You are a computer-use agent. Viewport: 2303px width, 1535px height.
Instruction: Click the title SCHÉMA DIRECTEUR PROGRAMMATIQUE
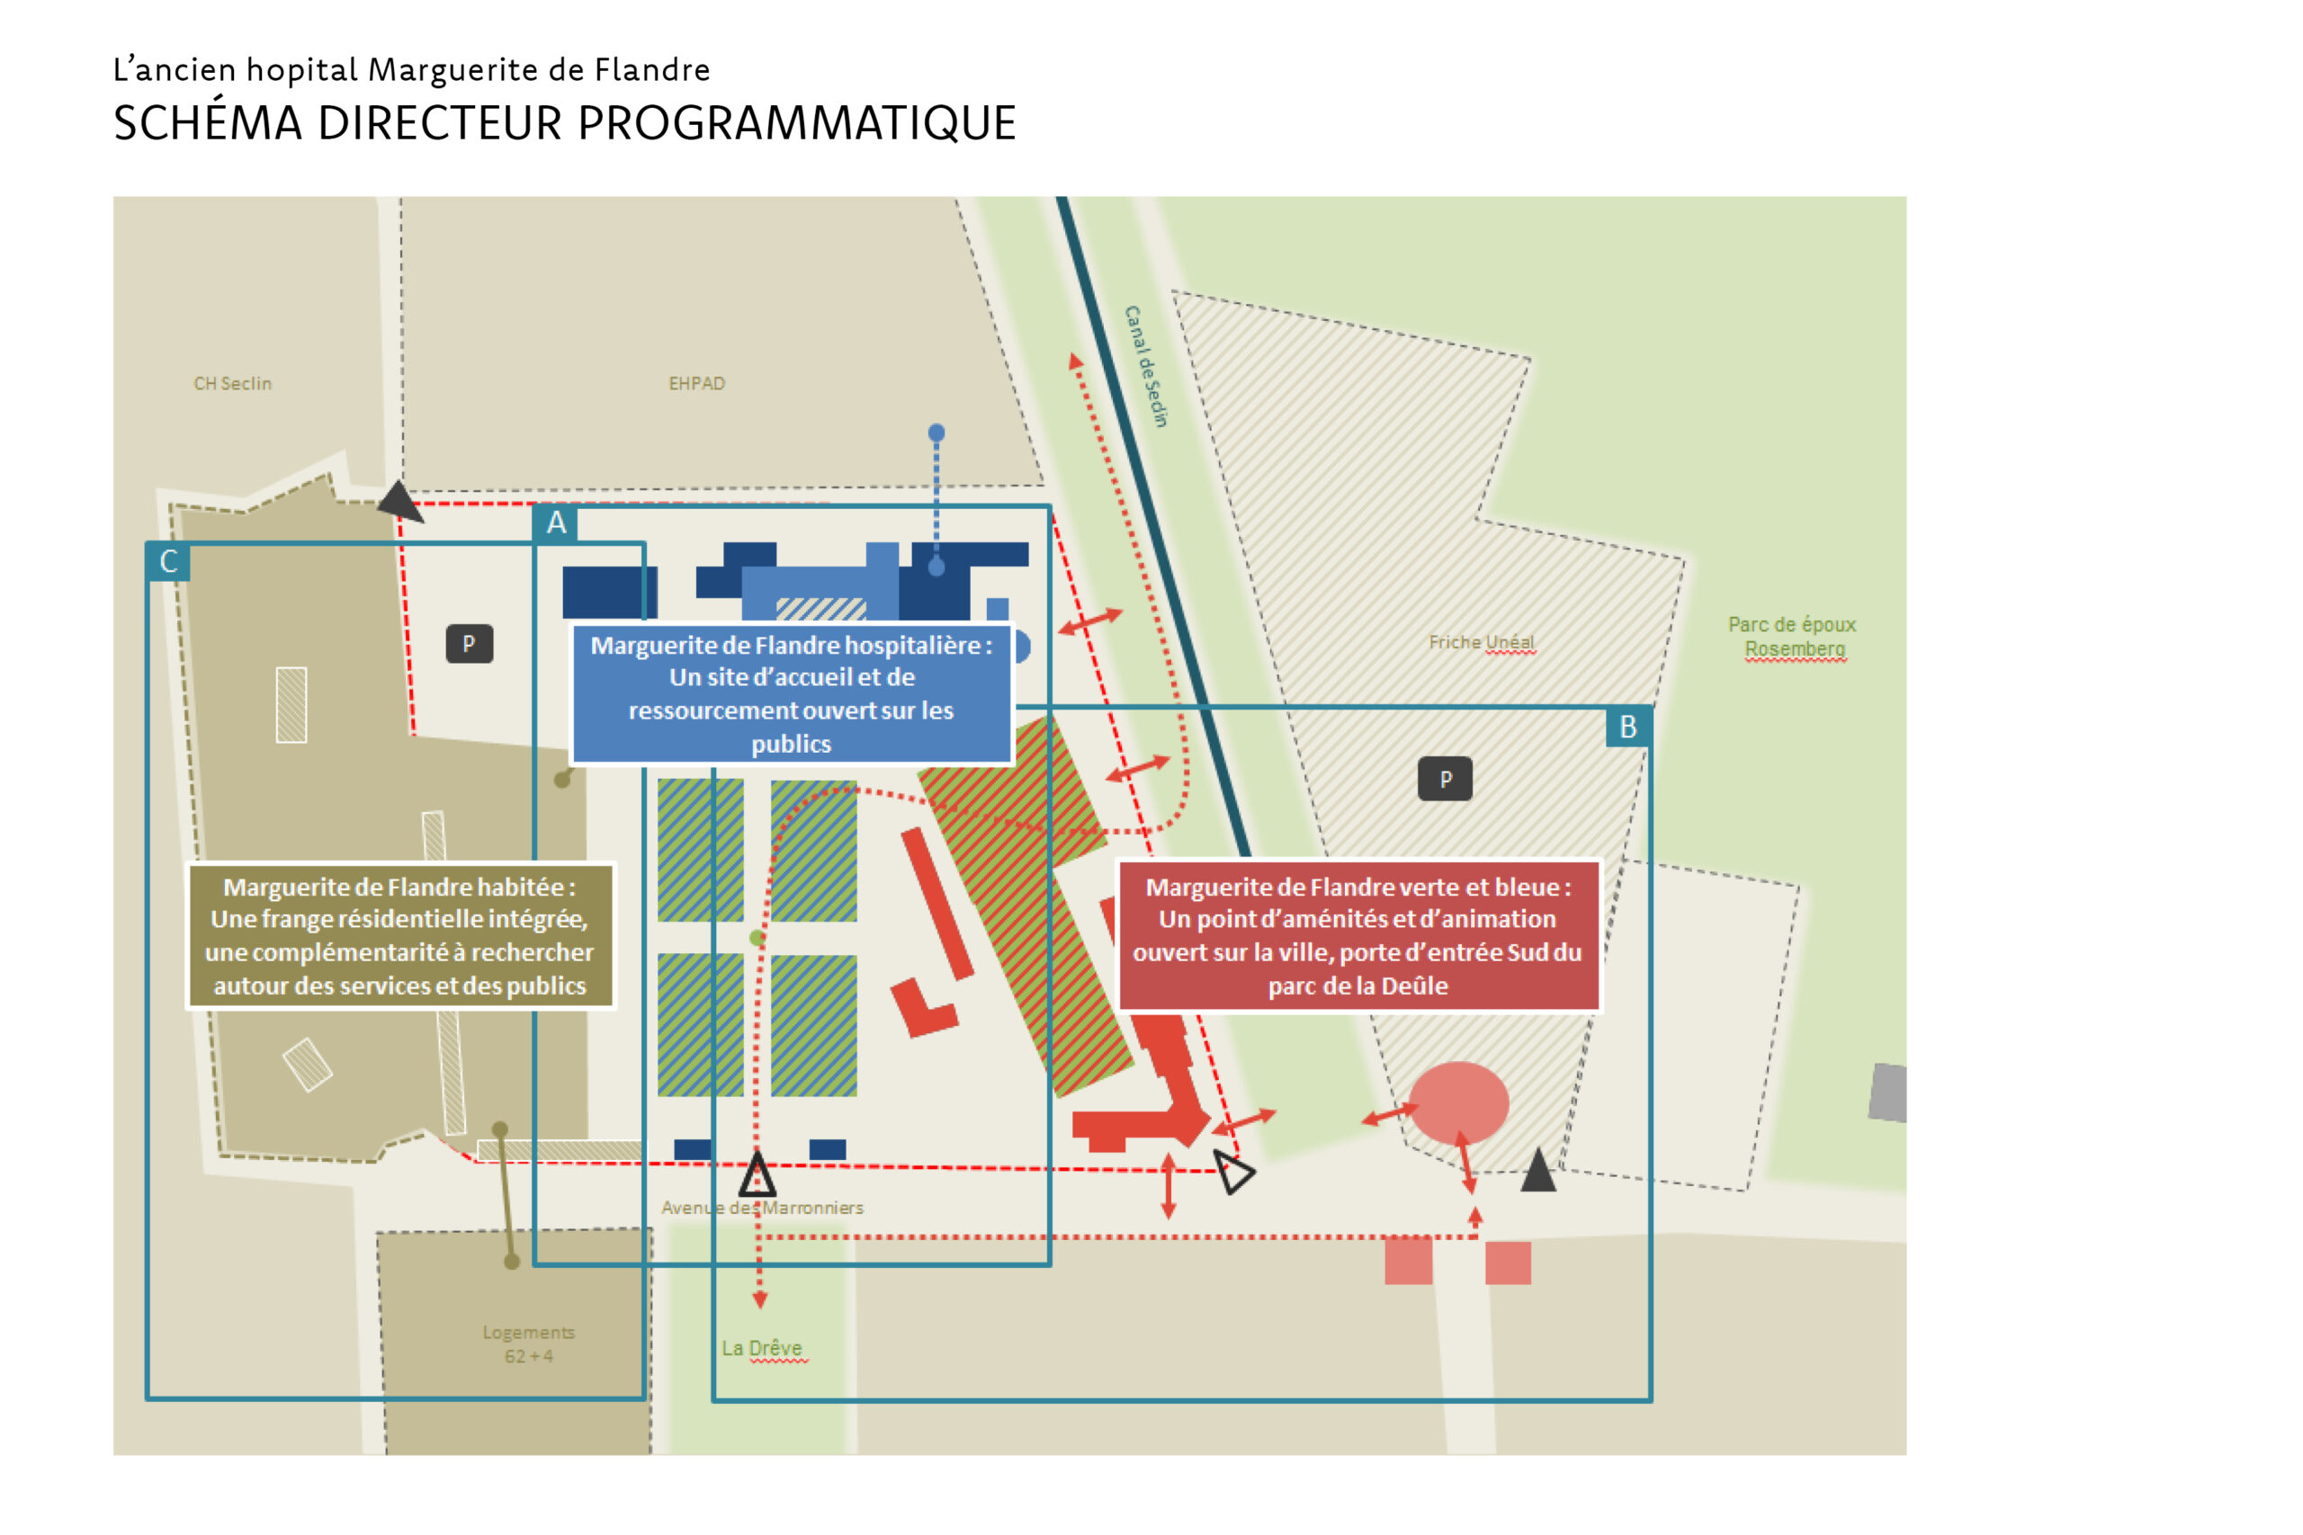click(x=564, y=123)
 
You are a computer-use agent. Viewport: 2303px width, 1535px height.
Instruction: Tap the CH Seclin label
click(x=232, y=384)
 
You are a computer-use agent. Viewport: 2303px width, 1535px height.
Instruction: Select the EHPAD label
click(x=696, y=384)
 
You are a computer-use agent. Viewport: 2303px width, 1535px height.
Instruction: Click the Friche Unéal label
click(x=1481, y=642)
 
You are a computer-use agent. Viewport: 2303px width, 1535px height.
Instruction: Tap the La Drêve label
click(x=762, y=1348)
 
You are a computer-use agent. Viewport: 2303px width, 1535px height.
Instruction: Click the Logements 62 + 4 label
click(x=528, y=1343)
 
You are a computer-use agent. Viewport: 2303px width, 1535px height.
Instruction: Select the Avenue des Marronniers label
click(x=762, y=1208)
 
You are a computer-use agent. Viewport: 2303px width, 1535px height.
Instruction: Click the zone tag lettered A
click(x=556, y=522)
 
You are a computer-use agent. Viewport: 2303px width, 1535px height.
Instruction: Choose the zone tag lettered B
click(x=1627, y=727)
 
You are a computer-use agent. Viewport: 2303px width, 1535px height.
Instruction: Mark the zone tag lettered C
click(x=168, y=562)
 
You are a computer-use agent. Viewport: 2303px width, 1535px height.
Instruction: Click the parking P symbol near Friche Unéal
click(x=1444, y=780)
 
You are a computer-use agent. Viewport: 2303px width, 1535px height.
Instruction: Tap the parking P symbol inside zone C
click(x=469, y=644)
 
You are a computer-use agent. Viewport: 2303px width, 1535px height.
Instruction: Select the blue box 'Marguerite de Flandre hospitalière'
click(x=791, y=694)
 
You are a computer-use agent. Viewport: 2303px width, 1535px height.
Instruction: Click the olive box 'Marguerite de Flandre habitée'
click(x=399, y=936)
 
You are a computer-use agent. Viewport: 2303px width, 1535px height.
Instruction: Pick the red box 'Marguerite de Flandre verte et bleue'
click(x=1358, y=936)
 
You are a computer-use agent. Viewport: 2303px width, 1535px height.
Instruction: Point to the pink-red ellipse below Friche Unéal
click(x=1458, y=1103)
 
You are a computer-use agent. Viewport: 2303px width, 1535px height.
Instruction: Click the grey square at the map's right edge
click(x=1888, y=1093)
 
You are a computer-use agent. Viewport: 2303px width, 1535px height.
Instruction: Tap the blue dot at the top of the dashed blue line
click(x=936, y=433)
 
